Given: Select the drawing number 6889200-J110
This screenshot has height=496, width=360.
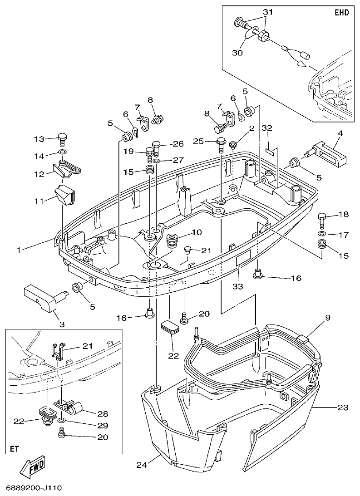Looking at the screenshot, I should point(34,488).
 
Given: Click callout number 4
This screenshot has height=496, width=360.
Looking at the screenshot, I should point(340,134).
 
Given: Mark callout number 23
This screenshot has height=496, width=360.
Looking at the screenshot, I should point(343,408).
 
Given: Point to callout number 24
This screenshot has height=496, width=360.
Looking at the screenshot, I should point(142,464).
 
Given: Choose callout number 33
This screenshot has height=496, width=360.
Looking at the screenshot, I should point(238,286).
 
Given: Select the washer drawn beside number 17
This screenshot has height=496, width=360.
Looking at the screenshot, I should point(322,234).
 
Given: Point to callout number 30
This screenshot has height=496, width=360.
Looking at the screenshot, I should point(237,53).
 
